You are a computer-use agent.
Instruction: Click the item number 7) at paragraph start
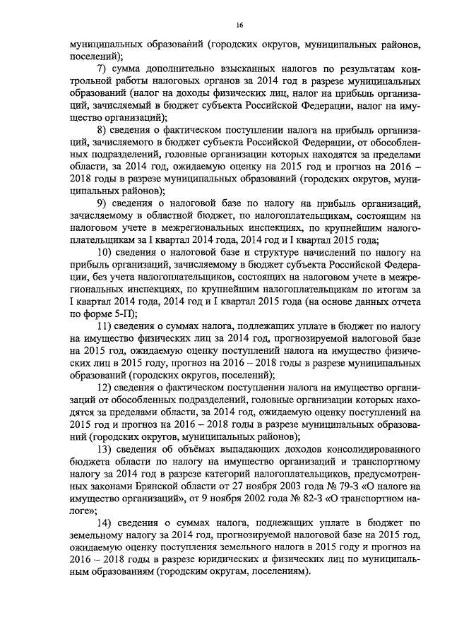102,68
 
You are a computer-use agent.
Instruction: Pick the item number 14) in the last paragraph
106,521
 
